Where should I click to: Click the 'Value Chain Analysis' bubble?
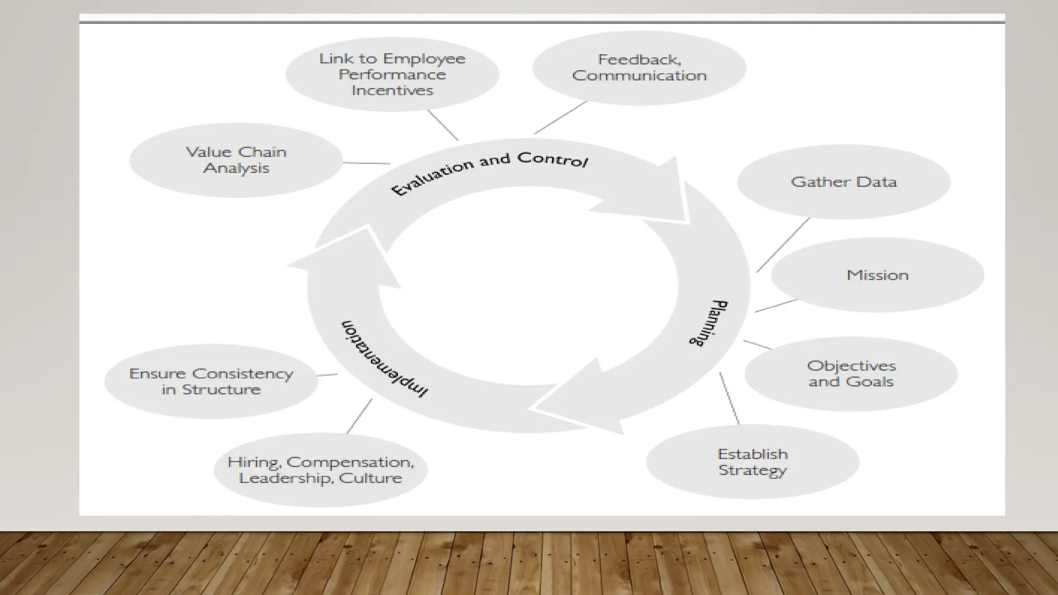click(236, 160)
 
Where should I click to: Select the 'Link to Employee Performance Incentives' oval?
click(392, 74)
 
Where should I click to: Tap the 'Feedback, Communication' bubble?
click(639, 68)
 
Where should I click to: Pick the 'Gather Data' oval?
click(844, 182)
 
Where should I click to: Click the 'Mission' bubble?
click(877, 275)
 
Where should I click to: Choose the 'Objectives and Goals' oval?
click(851, 374)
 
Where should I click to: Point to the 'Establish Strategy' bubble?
click(752, 462)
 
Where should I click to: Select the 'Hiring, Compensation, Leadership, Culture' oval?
click(320, 469)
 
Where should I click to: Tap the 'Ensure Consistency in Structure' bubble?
click(211, 381)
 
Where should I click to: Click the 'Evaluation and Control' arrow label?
click(489, 171)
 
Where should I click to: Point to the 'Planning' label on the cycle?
click(709, 323)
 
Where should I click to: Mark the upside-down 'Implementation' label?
click(384, 359)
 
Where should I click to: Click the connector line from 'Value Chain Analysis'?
click(366, 163)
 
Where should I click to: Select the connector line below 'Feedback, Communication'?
click(561, 117)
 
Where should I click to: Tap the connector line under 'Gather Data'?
click(783, 245)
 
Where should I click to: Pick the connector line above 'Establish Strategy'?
click(729, 398)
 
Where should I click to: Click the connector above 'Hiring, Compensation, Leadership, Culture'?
click(359, 416)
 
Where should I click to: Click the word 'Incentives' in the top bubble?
click(392, 90)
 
